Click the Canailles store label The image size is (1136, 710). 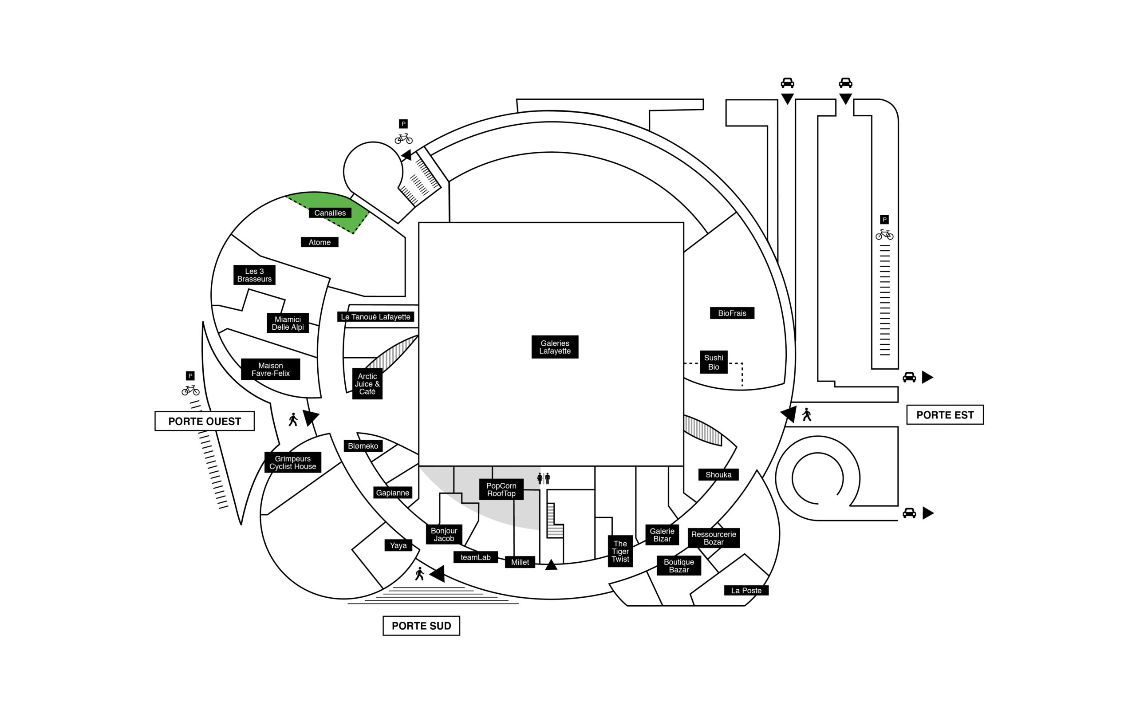pyautogui.click(x=330, y=213)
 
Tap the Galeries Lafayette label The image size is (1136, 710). pyautogui.click(x=555, y=347)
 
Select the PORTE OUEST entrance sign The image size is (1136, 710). pyautogui.click(x=205, y=421)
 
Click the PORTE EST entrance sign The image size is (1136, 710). pyautogui.click(x=945, y=414)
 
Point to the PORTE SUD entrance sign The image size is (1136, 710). pyautogui.click(x=421, y=626)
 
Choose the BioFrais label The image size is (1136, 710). pyautogui.click(x=732, y=313)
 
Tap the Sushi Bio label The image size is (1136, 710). pyautogui.click(x=714, y=362)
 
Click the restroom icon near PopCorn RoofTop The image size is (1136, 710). pyautogui.click(x=544, y=478)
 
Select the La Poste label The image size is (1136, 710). pyautogui.click(x=746, y=590)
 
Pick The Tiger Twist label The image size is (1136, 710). pyautogui.click(x=620, y=551)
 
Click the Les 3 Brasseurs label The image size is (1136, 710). pyautogui.click(x=254, y=275)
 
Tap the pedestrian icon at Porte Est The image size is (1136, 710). pyautogui.click(x=807, y=414)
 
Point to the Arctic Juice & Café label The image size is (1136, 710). pyautogui.click(x=367, y=384)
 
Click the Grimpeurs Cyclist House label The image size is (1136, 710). pyautogui.click(x=293, y=462)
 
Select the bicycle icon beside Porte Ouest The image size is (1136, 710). pyautogui.click(x=190, y=390)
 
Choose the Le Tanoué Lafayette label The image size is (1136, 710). pyautogui.click(x=375, y=317)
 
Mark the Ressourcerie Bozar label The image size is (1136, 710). pyautogui.click(x=714, y=538)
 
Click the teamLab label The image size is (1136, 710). pyautogui.click(x=476, y=557)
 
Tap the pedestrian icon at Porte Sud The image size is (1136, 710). pyautogui.click(x=420, y=574)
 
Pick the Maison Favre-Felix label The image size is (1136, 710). pyautogui.click(x=270, y=370)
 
